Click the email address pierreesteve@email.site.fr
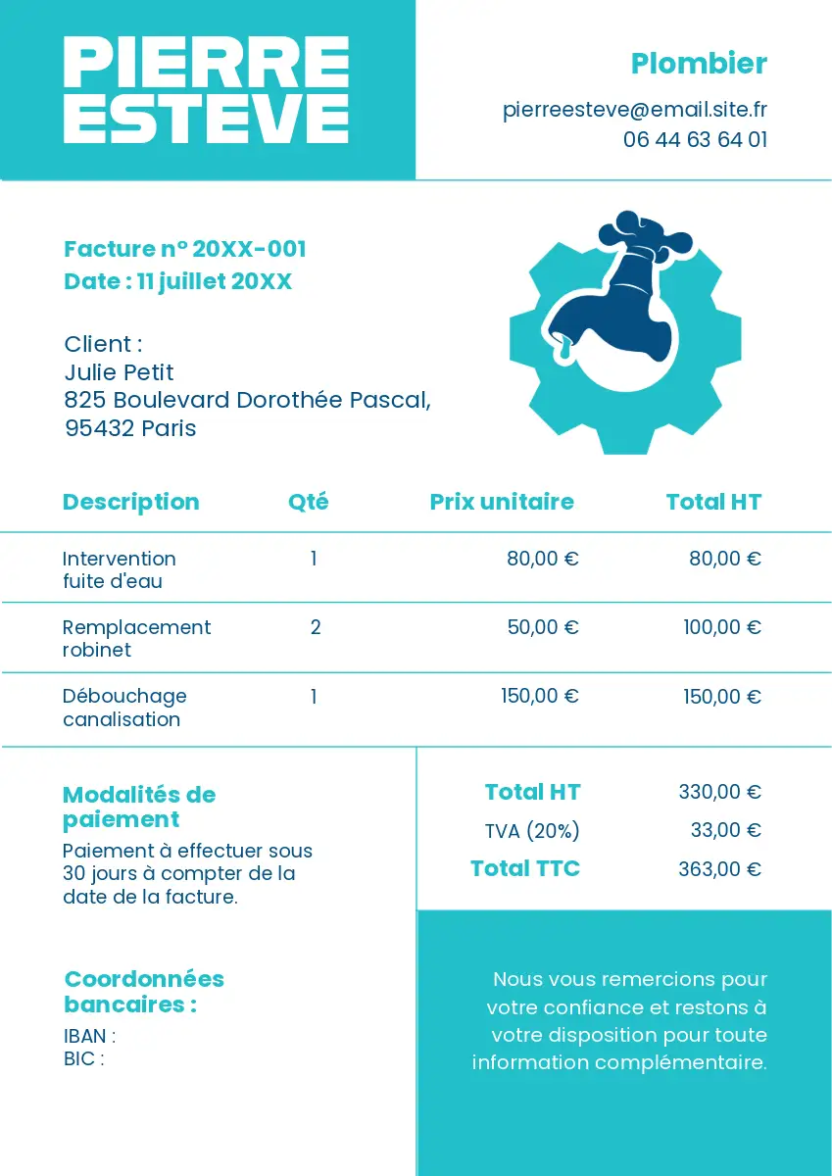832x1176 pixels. point(634,109)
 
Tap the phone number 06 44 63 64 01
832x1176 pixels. point(695,139)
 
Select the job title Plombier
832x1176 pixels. point(699,64)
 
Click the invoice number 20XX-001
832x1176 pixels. point(249,249)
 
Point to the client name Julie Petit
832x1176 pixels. point(119,372)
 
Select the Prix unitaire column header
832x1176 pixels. point(502,502)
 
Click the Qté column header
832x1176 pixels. point(308,502)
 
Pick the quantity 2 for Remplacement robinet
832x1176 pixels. point(316,627)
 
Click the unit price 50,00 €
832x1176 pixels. point(543,627)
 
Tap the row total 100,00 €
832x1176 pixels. point(722,627)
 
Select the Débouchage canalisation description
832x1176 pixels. point(123,707)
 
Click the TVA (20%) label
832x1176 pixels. point(532,831)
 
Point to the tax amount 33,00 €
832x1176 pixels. point(725,830)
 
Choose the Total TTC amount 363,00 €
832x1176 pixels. point(719,868)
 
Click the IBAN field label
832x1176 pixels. point(89,1036)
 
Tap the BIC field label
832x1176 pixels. point(83,1058)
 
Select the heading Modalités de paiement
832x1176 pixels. point(138,807)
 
